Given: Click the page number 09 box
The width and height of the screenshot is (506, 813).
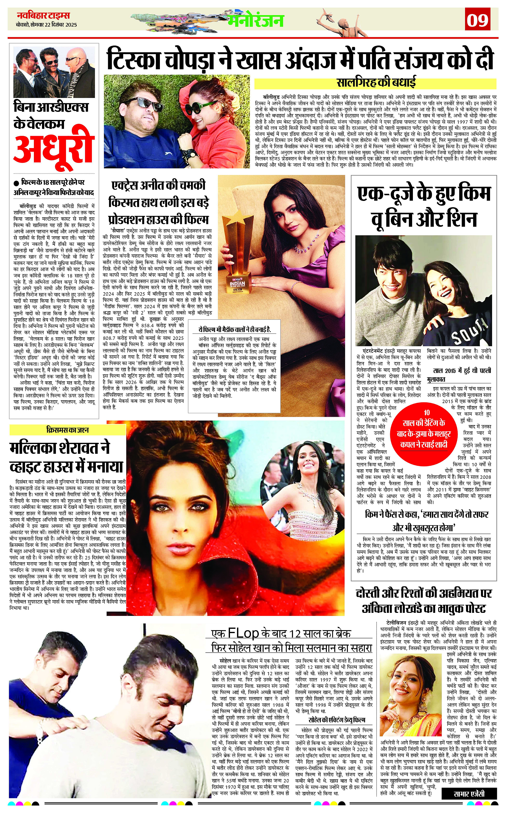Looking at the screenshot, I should pos(478,21).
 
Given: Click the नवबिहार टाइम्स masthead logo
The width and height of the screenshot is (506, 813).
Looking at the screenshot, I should pos(44,16).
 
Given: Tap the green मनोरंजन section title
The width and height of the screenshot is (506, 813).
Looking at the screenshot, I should pos(256,21).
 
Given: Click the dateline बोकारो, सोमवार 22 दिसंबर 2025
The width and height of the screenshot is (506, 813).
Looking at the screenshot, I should pos(46,25).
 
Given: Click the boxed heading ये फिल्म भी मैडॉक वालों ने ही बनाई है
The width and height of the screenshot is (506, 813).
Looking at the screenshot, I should pos(234,330).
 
